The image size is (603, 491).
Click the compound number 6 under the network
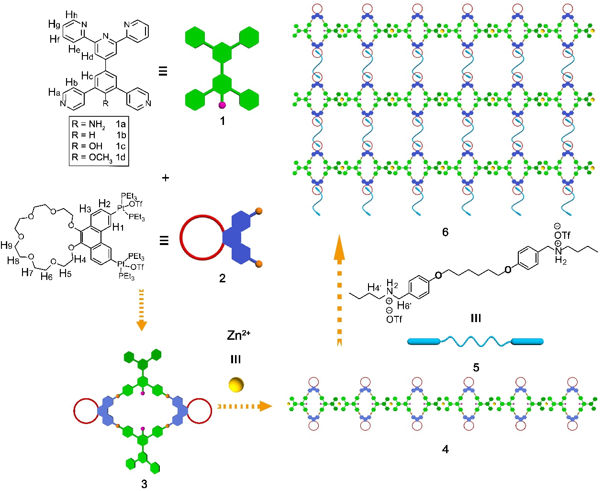click(x=445, y=232)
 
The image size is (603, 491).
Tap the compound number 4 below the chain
click(x=446, y=449)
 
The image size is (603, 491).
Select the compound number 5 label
click(x=476, y=368)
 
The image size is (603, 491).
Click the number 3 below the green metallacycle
click(x=144, y=484)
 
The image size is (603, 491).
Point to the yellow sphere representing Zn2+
click(x=236, y=384)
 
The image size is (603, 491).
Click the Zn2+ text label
click(x=238, y=335)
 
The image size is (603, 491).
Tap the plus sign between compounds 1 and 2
click(x=166, y=178)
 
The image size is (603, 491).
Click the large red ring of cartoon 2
click(x=201, y=238)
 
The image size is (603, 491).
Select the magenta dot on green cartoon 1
click(x=222, y=105)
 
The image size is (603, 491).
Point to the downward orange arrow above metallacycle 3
click(x=141, y=309)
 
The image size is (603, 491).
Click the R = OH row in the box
click(x=99, y=146)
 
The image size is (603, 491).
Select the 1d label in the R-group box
click(x=121, y=157)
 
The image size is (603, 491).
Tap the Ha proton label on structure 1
click(x=54, y=92)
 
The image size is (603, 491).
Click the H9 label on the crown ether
click(x=6, y=245)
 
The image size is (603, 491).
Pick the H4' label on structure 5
click(x=374, y=288)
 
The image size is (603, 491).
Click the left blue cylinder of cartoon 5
click(x=424, y=342)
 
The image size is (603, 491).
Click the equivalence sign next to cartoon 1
click(x=163, y=72)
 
